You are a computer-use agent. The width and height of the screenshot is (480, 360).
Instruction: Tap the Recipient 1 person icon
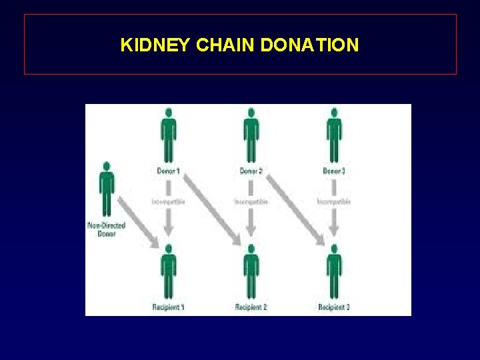point(168,271)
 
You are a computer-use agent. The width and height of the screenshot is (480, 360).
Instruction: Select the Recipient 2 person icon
point(251,271)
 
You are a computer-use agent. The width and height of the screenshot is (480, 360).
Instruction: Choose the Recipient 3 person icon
point(334,271)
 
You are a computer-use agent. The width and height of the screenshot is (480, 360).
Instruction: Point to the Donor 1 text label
point(167,171)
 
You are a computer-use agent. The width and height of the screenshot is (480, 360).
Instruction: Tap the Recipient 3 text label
point(334,307)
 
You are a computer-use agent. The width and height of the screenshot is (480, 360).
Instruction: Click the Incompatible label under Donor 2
point(251,201)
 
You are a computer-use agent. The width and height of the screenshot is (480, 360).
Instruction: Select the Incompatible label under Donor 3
point(334,201)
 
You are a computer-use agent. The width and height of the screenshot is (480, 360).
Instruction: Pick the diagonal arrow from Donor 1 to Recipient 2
point(209,207)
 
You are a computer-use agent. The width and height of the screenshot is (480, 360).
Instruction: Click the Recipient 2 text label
point(251,307)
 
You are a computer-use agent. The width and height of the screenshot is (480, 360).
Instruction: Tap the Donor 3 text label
point(334,171)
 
